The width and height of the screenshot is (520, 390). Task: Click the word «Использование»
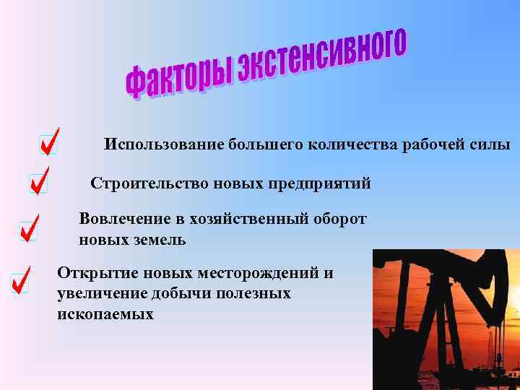click(x=164, y=144)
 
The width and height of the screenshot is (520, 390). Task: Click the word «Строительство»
click(x=149, y=183)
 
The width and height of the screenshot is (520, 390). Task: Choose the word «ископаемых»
click(x=105, y=314)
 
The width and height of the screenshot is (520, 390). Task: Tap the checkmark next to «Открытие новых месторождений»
click(x=21, y=279)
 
